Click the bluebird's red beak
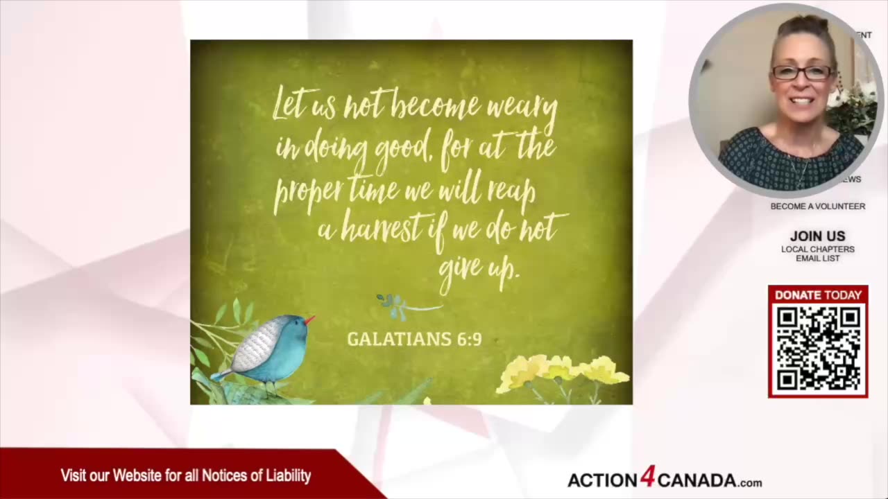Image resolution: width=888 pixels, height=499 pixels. tap(309, 319)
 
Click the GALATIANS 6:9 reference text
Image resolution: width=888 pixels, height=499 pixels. tap(414, 339)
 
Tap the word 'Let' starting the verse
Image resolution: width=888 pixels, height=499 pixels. tap(287, 104)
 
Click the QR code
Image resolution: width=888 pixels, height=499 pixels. tap(818, 349)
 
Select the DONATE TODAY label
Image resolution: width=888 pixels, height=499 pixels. tap(818, 295)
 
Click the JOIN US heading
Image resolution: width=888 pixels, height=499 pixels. tap(817, 236)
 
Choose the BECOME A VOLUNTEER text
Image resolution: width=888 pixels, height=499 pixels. tap(817, 207)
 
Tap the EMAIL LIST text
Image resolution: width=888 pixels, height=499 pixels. tap(817, 259)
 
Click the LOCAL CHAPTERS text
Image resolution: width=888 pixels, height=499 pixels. tap(817, 249)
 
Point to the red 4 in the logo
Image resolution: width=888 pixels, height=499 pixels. tap(647, 477)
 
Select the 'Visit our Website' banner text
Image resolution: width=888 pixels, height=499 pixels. tap(185, 475)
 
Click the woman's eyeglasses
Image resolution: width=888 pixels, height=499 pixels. tap(803, 72)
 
